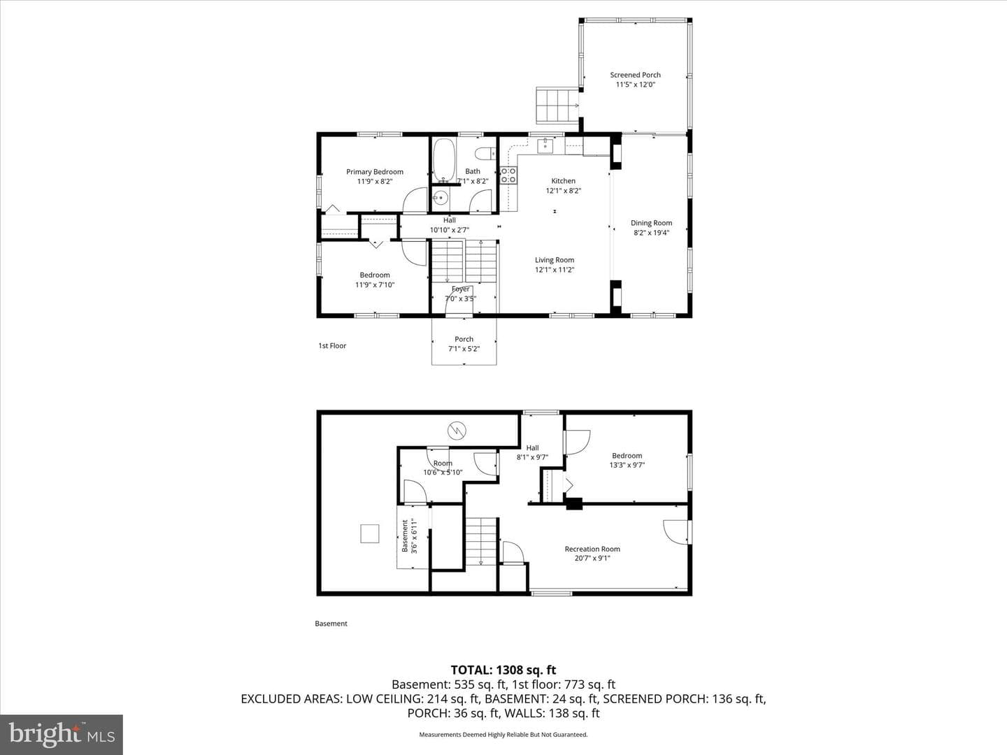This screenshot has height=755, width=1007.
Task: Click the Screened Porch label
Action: (x=636, y=75)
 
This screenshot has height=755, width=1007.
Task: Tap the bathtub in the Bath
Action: (x=445, y=161)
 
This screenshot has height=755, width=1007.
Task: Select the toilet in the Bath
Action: (x=485, y=153)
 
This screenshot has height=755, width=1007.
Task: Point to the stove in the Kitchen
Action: (x=508, y=175)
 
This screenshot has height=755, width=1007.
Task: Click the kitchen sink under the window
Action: (x=545, y=146)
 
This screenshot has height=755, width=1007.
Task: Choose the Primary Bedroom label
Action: (x=375, y=172)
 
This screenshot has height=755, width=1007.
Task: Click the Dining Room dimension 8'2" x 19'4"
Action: (x=652, y=232)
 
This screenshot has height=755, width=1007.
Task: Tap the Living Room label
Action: (x=555, y=260)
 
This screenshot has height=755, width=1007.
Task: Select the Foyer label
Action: (x=461, y=289)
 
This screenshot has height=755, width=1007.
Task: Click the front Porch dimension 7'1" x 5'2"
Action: (x=464, y=349)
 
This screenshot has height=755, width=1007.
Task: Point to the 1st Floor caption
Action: (x=332, y=345)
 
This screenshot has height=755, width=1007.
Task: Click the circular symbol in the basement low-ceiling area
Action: (x=457, y=430)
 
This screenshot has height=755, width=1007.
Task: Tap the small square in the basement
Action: (x=369, y=533)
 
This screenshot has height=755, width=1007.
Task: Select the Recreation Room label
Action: (x=592, y=549)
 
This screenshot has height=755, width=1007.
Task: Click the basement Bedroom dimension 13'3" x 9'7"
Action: (x=627, y=465)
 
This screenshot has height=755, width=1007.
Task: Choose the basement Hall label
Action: (x=533, y=448)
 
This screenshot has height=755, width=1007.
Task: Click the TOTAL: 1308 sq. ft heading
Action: (x=503, y=670)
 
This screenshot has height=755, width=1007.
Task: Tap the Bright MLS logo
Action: (x=62, y=735)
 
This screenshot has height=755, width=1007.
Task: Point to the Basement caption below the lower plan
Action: (x=331, y=624)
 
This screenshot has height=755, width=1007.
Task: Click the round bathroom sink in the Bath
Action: (x=441, y=198)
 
